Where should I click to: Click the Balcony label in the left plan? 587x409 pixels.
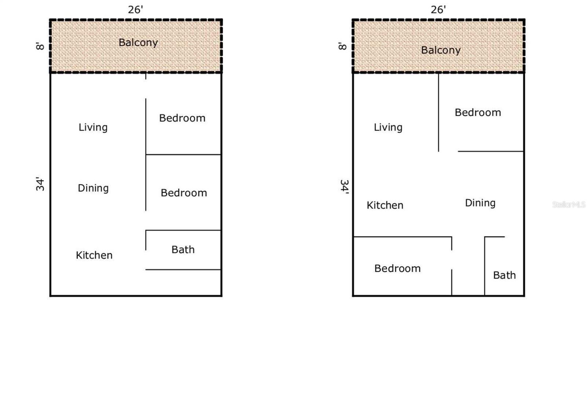138,43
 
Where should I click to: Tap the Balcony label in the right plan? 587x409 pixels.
441,50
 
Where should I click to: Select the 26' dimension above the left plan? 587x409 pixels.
135,10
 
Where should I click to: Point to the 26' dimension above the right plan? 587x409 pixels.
438,10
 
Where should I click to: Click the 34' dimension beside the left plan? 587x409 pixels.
40,184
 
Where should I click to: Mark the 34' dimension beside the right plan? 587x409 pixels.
344,187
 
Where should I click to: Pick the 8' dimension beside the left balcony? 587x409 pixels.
40,46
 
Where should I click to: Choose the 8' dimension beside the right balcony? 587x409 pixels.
343,46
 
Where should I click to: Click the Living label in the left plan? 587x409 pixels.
93,128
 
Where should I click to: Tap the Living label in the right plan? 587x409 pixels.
388,128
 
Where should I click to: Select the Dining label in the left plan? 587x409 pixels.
93,188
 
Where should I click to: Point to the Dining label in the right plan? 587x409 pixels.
480,203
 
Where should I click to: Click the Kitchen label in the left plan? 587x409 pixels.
94,255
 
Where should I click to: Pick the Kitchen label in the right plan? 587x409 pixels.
385,205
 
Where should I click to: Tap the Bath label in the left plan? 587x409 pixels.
183,250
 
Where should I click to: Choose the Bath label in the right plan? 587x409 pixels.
504,275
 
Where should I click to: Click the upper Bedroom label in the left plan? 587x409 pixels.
182,118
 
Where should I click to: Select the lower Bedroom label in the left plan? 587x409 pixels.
184,193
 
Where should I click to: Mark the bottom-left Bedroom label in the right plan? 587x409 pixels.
397,269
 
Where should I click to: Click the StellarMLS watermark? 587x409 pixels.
569,204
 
